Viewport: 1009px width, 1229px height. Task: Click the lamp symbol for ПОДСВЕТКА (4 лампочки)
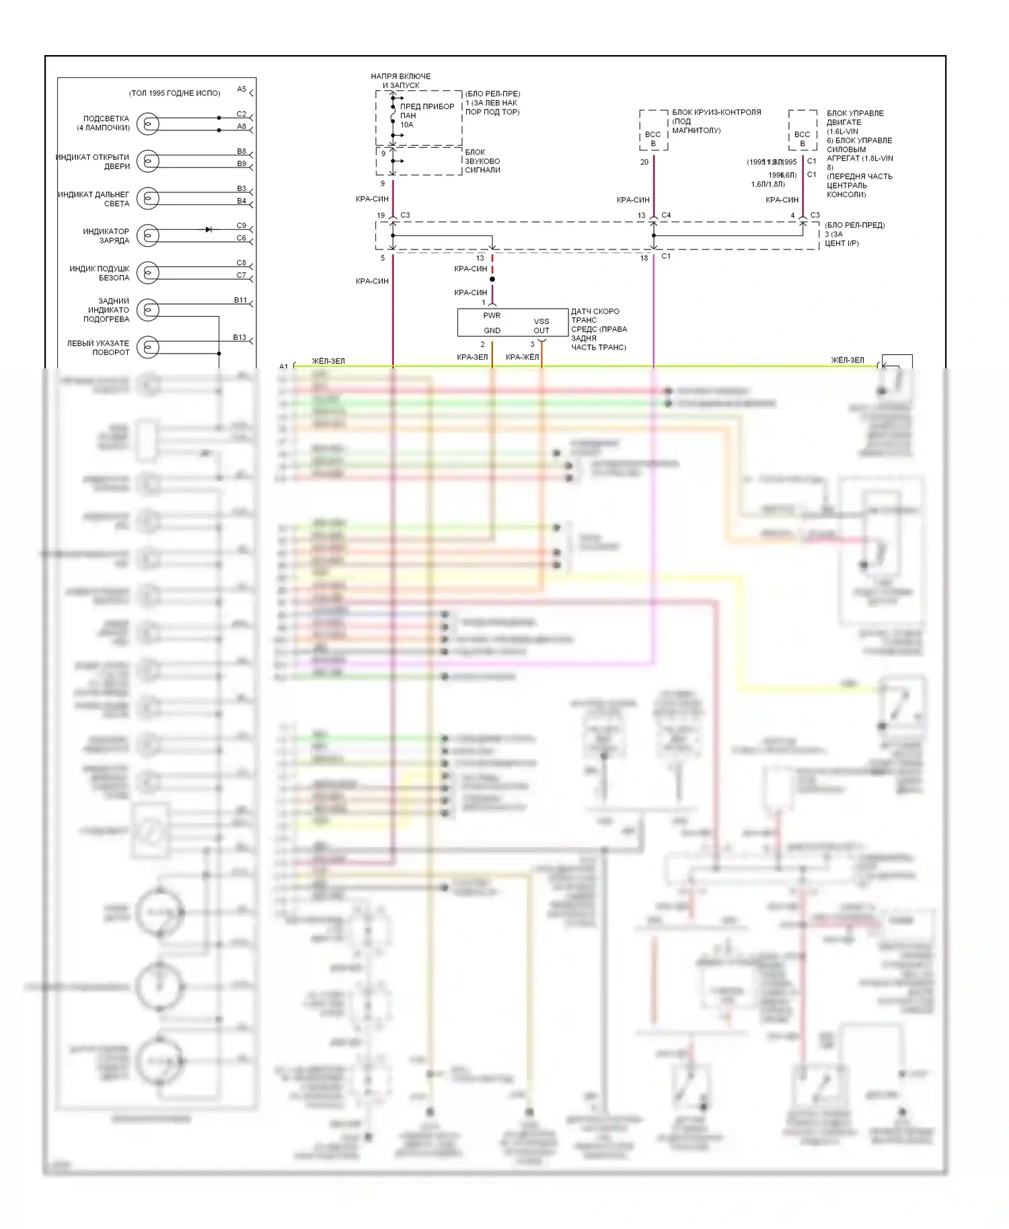tap(148, 124)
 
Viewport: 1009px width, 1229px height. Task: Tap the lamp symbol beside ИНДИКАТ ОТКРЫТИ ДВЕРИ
tap(148, 161)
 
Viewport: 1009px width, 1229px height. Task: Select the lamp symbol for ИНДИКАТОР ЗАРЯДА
tap(148, 235)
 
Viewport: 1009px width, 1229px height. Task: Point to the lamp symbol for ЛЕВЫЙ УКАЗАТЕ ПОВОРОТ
tap(148, 347)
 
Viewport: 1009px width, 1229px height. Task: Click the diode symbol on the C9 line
tap(209, 229)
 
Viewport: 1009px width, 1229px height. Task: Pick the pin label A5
tap(241, 89)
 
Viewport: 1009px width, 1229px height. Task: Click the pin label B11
tap(240, 300)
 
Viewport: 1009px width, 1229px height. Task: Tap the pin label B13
tap(239, 337)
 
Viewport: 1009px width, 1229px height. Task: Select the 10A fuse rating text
tap(406, 124)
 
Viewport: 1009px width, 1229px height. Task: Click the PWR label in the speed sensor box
tap(492, 315)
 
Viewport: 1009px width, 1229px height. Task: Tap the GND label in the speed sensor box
tap(492, 330)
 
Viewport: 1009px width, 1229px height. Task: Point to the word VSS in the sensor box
tap(541, 321)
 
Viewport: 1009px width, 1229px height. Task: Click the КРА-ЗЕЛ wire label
tap(472, 357)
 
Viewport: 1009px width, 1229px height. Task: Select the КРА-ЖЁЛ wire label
tap(522, 357)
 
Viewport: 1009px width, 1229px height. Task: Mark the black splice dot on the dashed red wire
tap(492, 279)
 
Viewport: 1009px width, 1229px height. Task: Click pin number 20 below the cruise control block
tap(644, 162)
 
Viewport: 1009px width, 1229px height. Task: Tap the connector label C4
tap(666, 215)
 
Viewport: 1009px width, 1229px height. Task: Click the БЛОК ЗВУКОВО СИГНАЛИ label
tap(482, 161)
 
